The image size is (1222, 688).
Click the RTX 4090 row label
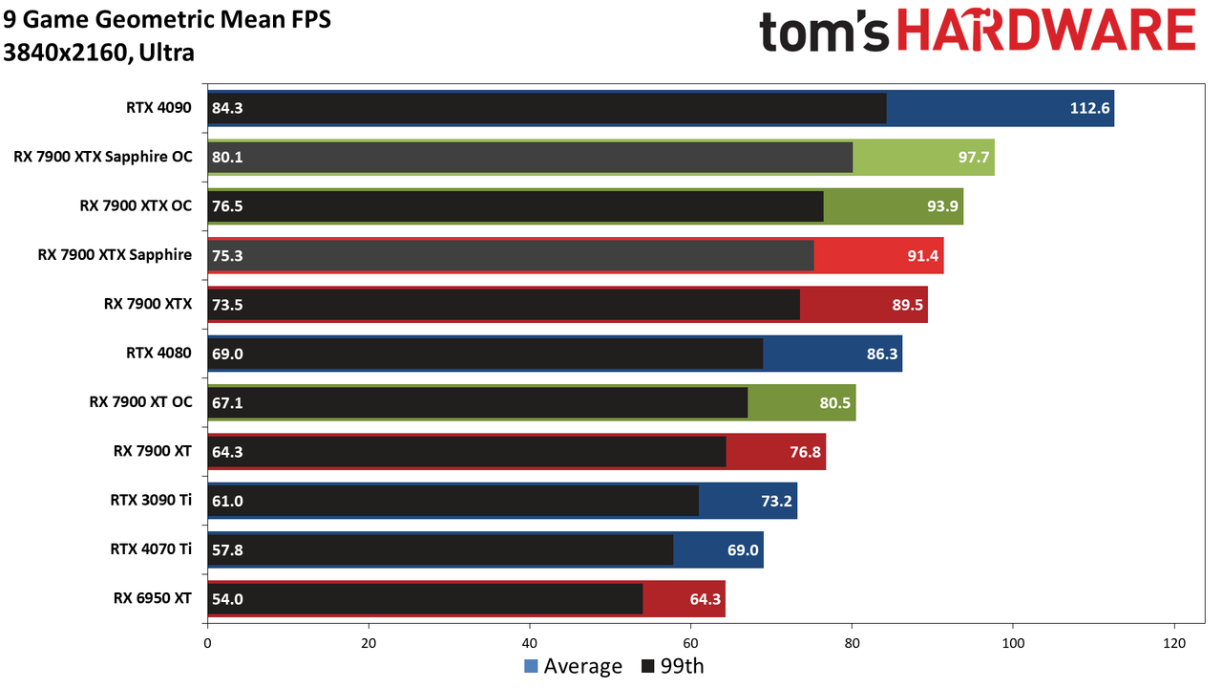pyautogui.click(x=158, y=108)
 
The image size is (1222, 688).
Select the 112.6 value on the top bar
pyautogui.click(x=1089, y=108)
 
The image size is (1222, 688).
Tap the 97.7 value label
pyautogui.click(x=974, y=158)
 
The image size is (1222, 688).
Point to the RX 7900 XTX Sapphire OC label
pyautogui.click(x=103, y=157)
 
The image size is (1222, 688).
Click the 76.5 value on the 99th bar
pyautogui.click(x=227, y=206)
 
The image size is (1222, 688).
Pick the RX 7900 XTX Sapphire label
pyautogui.click(x=115, y=255)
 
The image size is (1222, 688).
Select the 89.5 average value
pyautogui.click(x=907, y=305)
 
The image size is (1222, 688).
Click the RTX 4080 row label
pyautogui.click(x=158, y=354)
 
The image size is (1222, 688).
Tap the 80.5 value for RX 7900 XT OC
pyautogui.click(x=834, y=403)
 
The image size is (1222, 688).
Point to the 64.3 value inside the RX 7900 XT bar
pyautogui.click(x=227, y=452)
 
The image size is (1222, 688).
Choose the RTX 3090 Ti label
pyautogui.click(x=151, y=500)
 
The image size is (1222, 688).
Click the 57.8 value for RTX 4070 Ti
pyautogui.click(x=227, y=549)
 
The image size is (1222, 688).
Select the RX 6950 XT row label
pyautogui.click(x=153, y=598)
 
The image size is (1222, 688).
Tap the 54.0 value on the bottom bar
pyautogui.click(x=227, y=599)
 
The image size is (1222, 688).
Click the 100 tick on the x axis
pyautogui.click(x=1013, y=643)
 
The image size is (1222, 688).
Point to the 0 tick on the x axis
pyautogui.click(x=207, y=643)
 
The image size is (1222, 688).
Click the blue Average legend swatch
pyautogui.click(x=531, y=666)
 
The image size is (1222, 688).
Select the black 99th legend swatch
pyautogui.click(x=647, y=666)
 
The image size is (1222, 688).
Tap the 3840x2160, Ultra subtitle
pyautogui.click(x=98, y=53)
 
